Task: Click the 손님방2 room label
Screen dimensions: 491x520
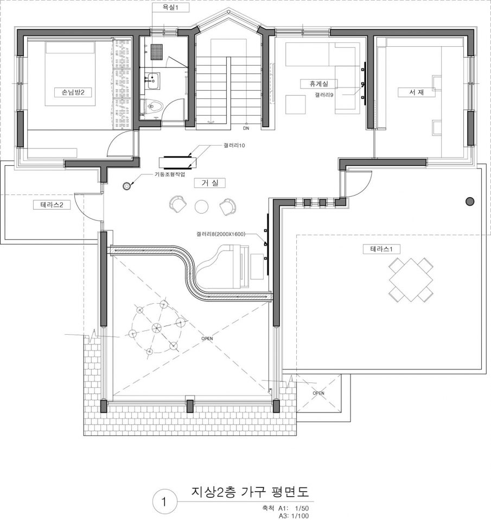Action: point(73,92)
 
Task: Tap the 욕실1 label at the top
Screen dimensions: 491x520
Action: point(170,8)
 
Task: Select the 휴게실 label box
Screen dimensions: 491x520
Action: point(319,84)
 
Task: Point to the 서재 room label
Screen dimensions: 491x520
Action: point(417,92)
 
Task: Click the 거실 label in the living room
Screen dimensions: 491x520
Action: point(209,183)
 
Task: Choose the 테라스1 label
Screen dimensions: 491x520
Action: point(381,249)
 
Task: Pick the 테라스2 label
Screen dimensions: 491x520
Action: point(52,205)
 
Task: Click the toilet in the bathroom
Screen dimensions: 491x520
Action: point(154,106)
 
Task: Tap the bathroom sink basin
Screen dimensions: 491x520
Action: point(152,80)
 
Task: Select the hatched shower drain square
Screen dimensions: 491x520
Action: point(157,52)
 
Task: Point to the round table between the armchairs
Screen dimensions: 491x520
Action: point(201,206)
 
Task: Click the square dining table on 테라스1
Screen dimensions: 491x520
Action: point(411,280)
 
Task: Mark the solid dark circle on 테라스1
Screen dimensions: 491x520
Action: point(469,201)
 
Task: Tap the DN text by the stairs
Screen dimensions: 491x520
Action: point(246,128)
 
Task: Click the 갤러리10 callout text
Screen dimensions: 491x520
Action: point(234,145)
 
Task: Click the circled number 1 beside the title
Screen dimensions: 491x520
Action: point(163,502)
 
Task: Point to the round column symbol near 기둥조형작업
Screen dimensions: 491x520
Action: point(126,186)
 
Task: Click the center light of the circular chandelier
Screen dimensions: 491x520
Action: point(156,328)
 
